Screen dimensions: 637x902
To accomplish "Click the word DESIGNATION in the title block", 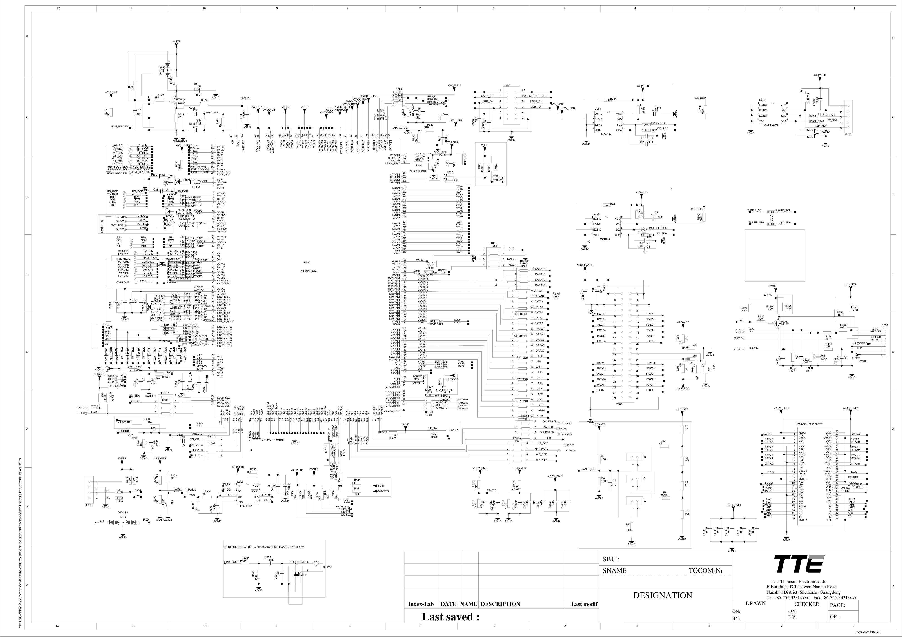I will pyautogui.click(x=662, y=595).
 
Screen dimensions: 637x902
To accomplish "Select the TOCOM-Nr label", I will pyautogui.click(x=705, y=571).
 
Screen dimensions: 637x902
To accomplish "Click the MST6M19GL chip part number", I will pyautogui.click(x=308, y=270).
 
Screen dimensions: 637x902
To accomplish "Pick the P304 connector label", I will pyautogui.click(x=507, y=85).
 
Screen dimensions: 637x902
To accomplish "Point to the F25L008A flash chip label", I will pyautogui.click(x=246, y=506).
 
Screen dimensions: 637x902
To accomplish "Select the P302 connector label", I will pyautogui.click(x=619, y=404).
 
